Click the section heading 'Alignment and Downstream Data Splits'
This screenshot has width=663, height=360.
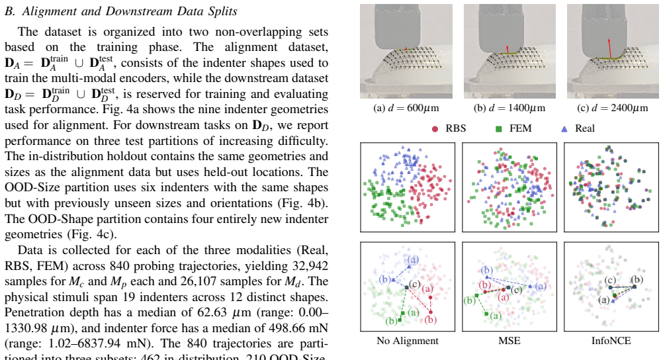[130, 11]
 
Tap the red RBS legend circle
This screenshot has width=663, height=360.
[435, 128]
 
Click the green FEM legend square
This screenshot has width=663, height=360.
[498, 128]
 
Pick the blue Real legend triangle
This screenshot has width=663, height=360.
[564, 128]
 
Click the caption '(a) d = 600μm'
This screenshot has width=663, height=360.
[406, 108]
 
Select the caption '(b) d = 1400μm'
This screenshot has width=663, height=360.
[509, 108]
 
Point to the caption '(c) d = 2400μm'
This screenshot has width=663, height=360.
[612, 108]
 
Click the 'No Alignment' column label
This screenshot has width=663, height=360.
[408, 341]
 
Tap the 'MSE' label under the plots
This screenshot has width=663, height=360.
[509, 341]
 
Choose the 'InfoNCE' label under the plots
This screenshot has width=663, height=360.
[611, 341]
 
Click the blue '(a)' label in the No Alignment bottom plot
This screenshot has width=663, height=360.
[413, 259]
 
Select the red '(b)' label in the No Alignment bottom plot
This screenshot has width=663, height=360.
[431, 320]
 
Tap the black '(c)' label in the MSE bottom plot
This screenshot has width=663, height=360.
[516, 291]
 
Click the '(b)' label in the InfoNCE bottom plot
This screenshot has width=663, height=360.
[637, 279]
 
